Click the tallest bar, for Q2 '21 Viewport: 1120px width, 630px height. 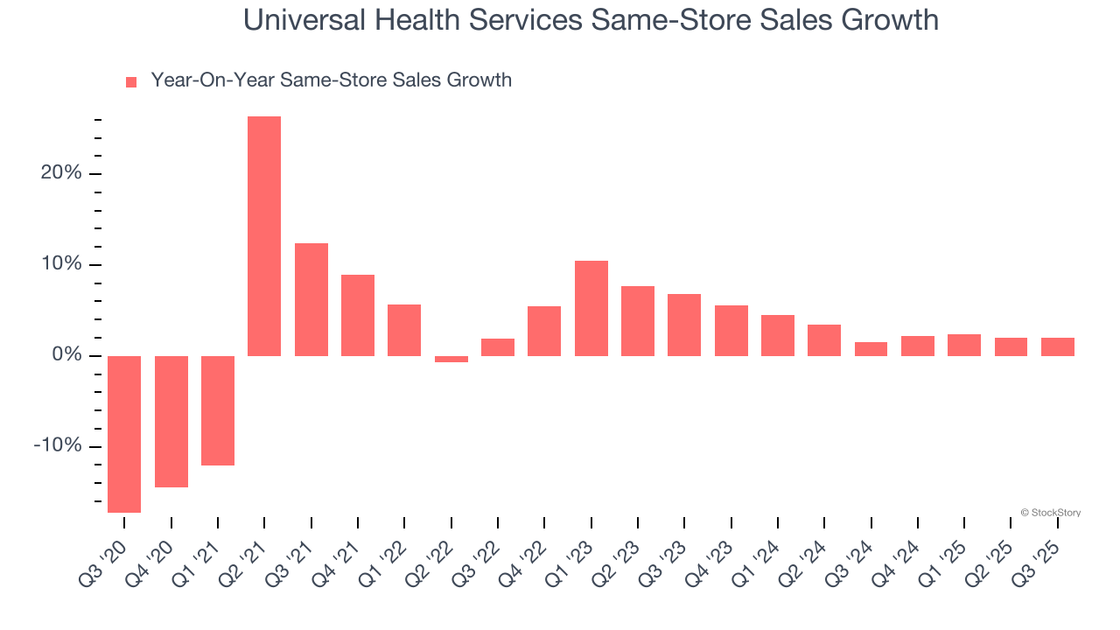pyautogui.click(x=264, y=236)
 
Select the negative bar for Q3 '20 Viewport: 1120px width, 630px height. pyautogui.click(x=124, y=434)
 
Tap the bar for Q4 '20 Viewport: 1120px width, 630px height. pyautogui.click(x=171, y=422)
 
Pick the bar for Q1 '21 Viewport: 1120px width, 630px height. pyautogui.click(x=218, y=410)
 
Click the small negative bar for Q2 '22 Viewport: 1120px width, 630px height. pyautogui.click(x=451, y=359)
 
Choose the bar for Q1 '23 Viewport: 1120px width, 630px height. pyautogui.click(x=591, y=308)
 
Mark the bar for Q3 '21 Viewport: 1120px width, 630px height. pyautogui.click(x=311, y=299)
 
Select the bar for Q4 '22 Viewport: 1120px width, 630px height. pyautogui.click(x=544, y=331)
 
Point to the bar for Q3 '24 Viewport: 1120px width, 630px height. pyautogui.click(x=871, y=349)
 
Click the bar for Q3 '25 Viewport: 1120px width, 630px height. pyautogui.click(x=1058, y=346)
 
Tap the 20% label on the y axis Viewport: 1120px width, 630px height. pyautogui.click(x=61, y=173)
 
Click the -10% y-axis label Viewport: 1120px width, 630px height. pyautogui.click(x=58, y=446)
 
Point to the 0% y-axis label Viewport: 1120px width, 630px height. pyautogui.click(x=66, y=355)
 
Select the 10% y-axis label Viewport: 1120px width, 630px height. pyautogui.click(x=61, y=264)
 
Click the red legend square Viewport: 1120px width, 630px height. pyautogui.click(x=131, y=82)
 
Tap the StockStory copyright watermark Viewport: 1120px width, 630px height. pyautogui.click(x=1050, y=513)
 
